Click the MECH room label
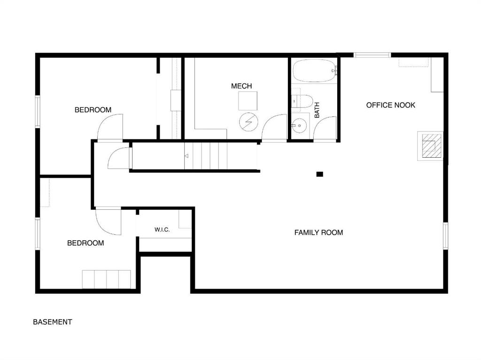(241, 86)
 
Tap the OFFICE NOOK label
(390, 105)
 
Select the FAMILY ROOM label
(318, 233)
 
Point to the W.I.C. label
(162, 230)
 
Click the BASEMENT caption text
(53, 322)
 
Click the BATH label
(317, 110)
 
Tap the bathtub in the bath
(315, 70)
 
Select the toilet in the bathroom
(302, 101)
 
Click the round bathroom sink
(299, 125)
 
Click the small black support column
(319, 174)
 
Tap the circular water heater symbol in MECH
(248, 122)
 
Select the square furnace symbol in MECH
(248, 101)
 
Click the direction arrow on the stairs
(186, 156)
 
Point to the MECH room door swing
(274, 127)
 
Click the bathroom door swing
(325, 129)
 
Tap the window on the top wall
(372, 55)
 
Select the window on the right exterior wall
(446, 236)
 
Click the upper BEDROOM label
(93, 110)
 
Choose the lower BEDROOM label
(85, 243)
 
